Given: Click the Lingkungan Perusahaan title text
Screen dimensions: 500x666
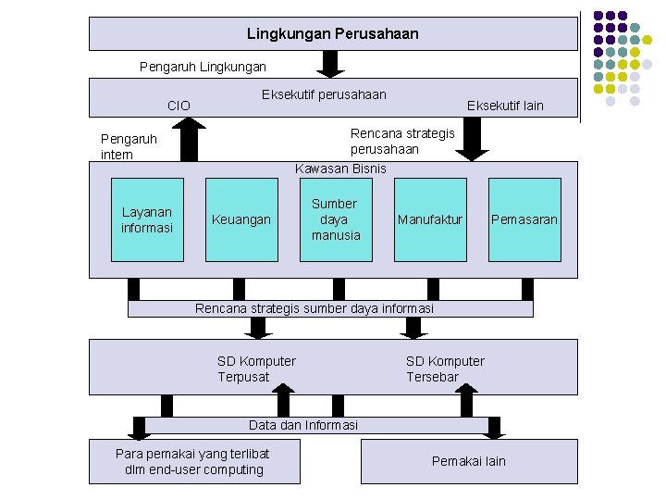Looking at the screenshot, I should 332,33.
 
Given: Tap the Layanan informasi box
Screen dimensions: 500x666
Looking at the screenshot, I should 147,219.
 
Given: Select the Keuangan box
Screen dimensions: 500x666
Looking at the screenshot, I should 241,219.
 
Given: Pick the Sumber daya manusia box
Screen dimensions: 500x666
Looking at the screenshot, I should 335,219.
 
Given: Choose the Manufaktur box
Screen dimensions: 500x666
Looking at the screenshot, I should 429,219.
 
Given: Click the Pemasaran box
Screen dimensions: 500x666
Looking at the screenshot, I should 524,219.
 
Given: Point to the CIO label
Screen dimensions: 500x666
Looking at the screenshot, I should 179,106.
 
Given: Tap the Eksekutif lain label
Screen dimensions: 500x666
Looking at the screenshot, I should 505,106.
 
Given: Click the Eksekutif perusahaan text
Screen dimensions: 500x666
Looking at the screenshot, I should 324,94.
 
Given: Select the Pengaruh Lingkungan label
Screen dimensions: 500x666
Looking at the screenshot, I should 203,67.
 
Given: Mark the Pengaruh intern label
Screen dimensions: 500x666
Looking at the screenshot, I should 129,146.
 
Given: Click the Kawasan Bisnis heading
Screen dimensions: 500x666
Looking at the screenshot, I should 340,168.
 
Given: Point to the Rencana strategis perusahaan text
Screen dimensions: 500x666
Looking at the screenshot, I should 402,141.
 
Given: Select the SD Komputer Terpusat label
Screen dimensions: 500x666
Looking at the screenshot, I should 256,369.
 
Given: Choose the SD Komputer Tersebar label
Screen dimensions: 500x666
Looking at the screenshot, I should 445,369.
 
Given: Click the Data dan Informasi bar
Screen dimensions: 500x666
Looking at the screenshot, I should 303,425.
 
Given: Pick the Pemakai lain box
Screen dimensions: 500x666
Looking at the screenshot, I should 469,461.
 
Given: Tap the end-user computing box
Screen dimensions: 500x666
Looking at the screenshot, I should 194,461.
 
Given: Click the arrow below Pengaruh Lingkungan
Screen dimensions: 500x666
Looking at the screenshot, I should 330,63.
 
